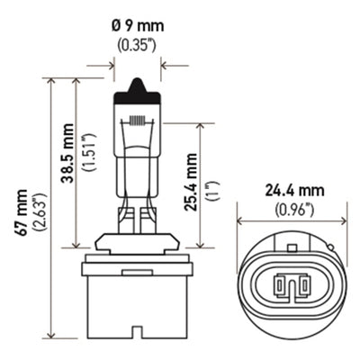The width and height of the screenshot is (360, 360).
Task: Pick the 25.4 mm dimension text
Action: pyautogui.click(x=191, y=184)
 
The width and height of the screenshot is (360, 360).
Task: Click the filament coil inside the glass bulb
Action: pyautogui.click(x=138, y=120)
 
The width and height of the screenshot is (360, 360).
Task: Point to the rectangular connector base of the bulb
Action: pyautogui.click(x=138, y=306)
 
